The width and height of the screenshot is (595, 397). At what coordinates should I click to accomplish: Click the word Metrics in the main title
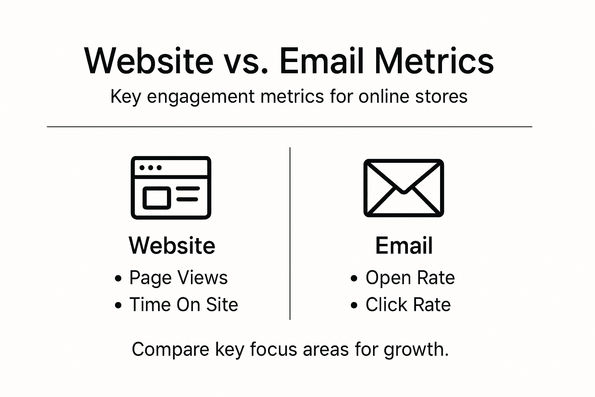coord(434,61)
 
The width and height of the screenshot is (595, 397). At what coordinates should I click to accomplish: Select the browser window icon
coord(171,188)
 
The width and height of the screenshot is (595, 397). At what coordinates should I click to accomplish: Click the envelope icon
coord(403,188)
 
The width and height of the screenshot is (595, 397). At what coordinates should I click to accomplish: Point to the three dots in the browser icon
coord(150,168)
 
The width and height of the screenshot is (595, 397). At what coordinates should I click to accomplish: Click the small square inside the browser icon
coord(157,198)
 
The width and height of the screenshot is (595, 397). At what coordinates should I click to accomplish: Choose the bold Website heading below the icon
coord(172,245)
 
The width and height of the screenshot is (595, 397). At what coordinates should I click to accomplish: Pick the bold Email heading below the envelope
coord(404,245)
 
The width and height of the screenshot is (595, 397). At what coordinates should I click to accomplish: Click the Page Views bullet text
coord(178,278)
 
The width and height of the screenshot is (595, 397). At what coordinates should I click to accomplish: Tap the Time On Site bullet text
coord(184,305)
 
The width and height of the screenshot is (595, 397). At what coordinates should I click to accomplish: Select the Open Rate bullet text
coord(410,278)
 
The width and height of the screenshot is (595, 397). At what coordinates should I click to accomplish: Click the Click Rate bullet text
coord(408,305)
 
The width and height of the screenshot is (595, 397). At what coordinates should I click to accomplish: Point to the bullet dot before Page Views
coord(118,278)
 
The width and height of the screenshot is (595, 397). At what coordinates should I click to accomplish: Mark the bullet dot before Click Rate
coord(354,306)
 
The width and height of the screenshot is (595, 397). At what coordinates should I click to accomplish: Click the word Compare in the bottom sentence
coord(170,349)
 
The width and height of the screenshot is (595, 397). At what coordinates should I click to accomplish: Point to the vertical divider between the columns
coord(290,233)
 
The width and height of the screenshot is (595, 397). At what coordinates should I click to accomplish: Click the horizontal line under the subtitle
coord(289,126)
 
